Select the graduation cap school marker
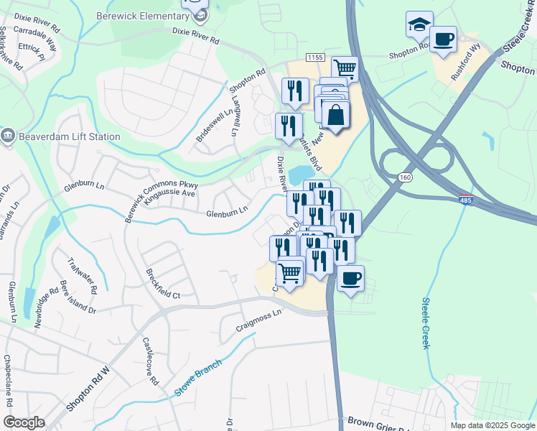[419, 26]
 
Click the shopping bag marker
[335, 115]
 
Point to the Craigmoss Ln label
[259, 321]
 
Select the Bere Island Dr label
[78, 295]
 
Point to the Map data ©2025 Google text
[492, 425]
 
